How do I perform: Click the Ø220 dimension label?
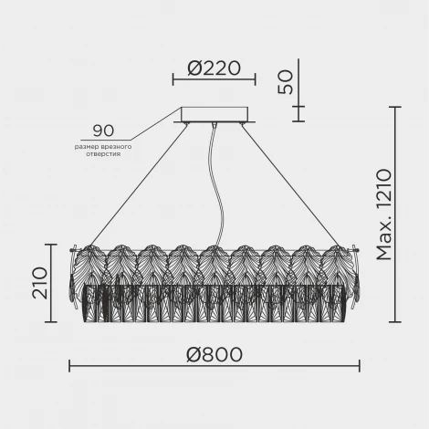click(214, 68)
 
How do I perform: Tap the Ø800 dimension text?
click(214, 355)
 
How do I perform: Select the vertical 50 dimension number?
click(286, 82)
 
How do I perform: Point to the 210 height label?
click(40, 283)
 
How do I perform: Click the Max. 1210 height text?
click(384, 214)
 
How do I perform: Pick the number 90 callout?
click(103, 131)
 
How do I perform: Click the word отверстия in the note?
click(103, 154)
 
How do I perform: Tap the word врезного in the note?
click(116, 147)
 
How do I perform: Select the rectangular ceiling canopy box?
click(214, 114)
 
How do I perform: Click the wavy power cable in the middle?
click(216, 184)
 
